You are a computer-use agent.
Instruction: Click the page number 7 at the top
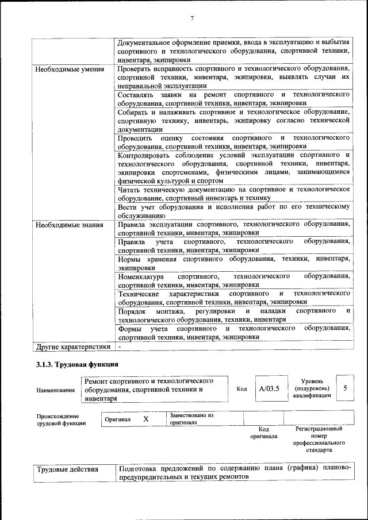point(192,18)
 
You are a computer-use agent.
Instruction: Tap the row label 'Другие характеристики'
point(73,346)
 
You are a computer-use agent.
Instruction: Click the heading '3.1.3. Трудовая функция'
point(77,364)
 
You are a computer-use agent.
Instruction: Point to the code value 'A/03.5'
point(269,388)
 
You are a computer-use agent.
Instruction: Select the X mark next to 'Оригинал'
point(145,419)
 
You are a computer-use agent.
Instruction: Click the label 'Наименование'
point(56,390)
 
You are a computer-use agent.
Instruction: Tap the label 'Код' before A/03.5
point(242,389)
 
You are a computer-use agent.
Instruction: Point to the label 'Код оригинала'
point(263,432)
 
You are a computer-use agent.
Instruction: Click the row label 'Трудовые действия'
point(68,470)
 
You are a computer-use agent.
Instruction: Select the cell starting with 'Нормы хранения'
point(233,263)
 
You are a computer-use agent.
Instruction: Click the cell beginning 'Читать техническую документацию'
point(233,193)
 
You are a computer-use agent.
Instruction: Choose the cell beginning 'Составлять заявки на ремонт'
point(233,98)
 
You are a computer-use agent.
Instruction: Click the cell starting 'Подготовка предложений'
point(233,473)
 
